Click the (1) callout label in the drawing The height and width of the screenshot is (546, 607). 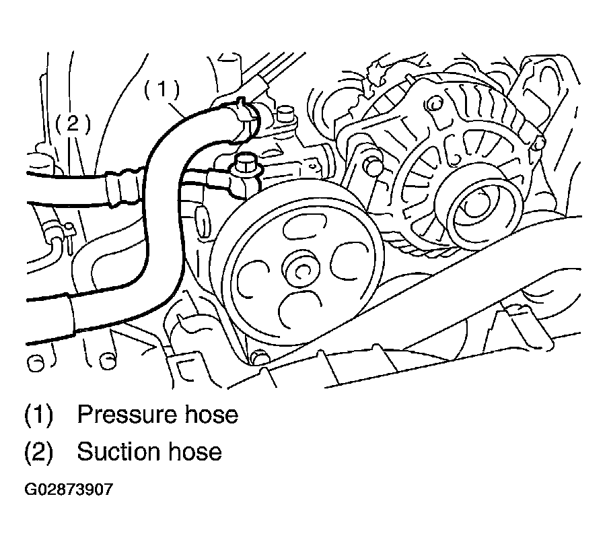(162, 90)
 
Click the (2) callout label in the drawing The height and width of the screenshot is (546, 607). (73, 123)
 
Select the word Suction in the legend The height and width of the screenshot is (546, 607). (119, 452)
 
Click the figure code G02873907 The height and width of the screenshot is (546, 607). (69, 489)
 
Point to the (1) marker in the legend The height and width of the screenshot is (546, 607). (38, 415)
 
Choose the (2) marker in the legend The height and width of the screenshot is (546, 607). (38, 452)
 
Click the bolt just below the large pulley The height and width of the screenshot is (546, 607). (258, 357)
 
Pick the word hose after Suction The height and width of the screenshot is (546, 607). (195, 452)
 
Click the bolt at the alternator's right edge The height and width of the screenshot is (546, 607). (539, 143)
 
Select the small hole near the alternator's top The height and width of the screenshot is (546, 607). (436, 104)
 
